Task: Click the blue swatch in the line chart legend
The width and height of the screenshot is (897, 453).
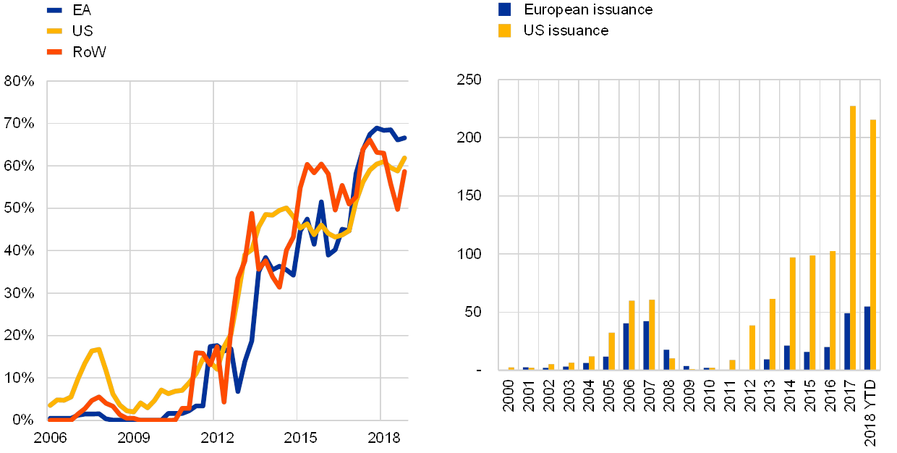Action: [56, 10]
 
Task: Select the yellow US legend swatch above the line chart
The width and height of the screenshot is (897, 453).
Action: [56, 31]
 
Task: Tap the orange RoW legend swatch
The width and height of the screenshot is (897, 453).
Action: [56, 52]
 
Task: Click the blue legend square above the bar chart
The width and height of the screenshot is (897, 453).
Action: [505, 9]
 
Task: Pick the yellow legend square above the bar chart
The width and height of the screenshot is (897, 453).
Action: [505, 30]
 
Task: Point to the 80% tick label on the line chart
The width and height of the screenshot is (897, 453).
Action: [20, 81]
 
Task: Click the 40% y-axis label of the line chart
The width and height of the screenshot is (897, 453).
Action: [20, 250]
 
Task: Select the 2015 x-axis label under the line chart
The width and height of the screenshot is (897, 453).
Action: [297, 438]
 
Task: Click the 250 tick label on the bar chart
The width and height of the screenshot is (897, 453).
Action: [469, 80]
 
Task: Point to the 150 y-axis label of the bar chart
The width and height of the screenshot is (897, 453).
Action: [469, 196]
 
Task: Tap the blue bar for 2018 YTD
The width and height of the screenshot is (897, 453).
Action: [867, 338]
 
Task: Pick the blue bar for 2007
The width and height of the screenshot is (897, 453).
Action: [646, 345]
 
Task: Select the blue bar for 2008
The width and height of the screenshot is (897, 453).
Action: [666, 360]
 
